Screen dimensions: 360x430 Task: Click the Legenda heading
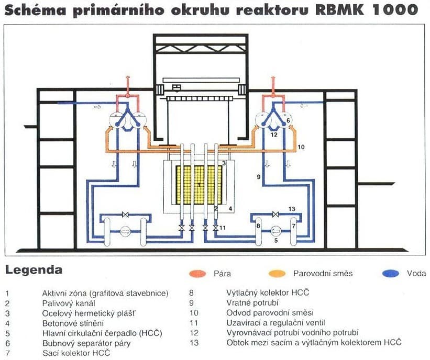(x=34, y=271)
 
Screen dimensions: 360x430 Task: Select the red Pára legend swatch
(x=200, y=273)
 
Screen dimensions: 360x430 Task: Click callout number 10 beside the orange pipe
(x=301, y=148)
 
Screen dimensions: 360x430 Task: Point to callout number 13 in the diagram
(x=292, y=209)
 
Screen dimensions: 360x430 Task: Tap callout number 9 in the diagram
(x=258, y=177)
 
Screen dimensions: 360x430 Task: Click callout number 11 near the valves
(x=223, y=228)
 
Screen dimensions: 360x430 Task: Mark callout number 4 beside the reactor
(x=229, y=208)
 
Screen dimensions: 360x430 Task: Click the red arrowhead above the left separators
(x=126, y=78)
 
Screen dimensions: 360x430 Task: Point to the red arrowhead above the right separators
(x=272, y=78)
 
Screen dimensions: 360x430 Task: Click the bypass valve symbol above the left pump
(x=125, y=214)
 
